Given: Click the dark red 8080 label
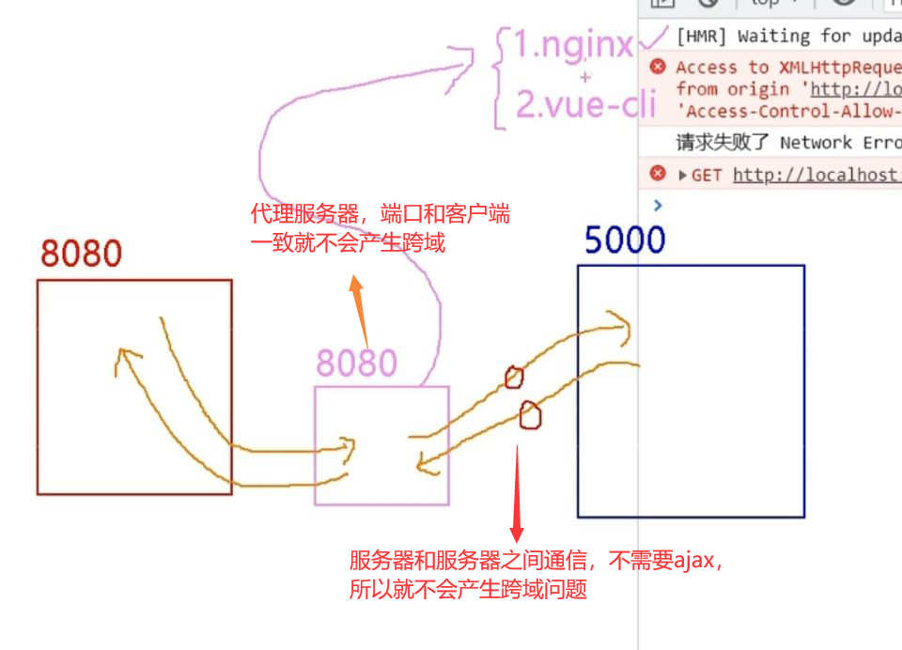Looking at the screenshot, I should pyautogui.click(x=82, y=254).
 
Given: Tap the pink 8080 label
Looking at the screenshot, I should pyautogui.click(x=356, y=363).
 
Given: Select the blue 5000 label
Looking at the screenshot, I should pyautogui.click(x=625, y=240).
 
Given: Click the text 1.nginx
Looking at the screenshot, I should pyautogui.click(x=572, y=44).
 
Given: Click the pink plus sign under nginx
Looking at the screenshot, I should pyautogui.click(x=585, y=77).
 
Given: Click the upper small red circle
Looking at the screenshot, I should pyautogui.click(x=513, y=378).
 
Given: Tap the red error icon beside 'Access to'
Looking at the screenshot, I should pyautogui.click(x=658, y=67).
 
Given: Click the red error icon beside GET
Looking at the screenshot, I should pyautogui.click(x=658, y=174).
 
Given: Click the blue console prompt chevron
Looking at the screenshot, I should pyautogui.click(x=658, y=205).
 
